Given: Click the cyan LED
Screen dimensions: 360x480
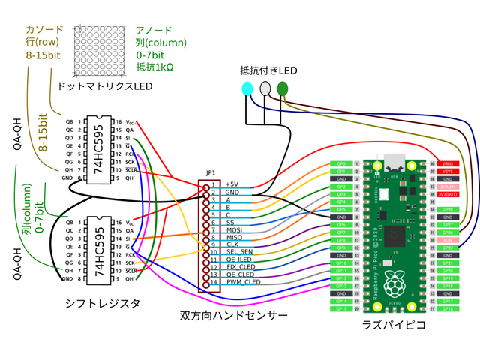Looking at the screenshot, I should click(247, 88).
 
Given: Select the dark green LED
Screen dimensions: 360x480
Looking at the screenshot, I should click(283, 88).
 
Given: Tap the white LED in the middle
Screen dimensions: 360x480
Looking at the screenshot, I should click(265, 88).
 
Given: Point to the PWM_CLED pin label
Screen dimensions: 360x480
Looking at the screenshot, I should click(244, 282).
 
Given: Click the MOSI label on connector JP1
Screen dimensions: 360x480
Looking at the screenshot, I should click(234, 229).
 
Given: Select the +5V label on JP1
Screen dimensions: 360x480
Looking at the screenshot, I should click(232, 184).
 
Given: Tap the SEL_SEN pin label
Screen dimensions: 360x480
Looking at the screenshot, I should click(239, 251).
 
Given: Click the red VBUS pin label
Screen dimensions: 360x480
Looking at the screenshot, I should click(448, 163).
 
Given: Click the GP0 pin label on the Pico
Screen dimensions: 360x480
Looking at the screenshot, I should click(341, 163).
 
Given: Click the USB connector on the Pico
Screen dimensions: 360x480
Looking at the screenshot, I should click(394, 163).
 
